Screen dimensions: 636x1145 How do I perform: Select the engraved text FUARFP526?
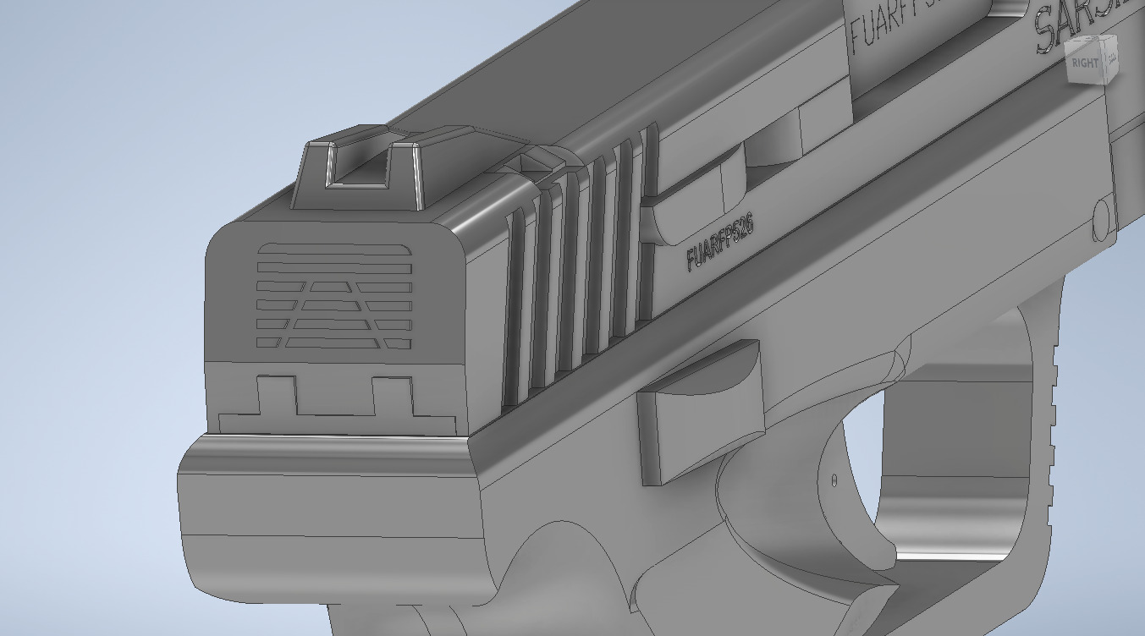pos(720,241)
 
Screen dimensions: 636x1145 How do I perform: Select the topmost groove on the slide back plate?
pos(334,249)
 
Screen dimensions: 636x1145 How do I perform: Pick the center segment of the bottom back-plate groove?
pos(335,343)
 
